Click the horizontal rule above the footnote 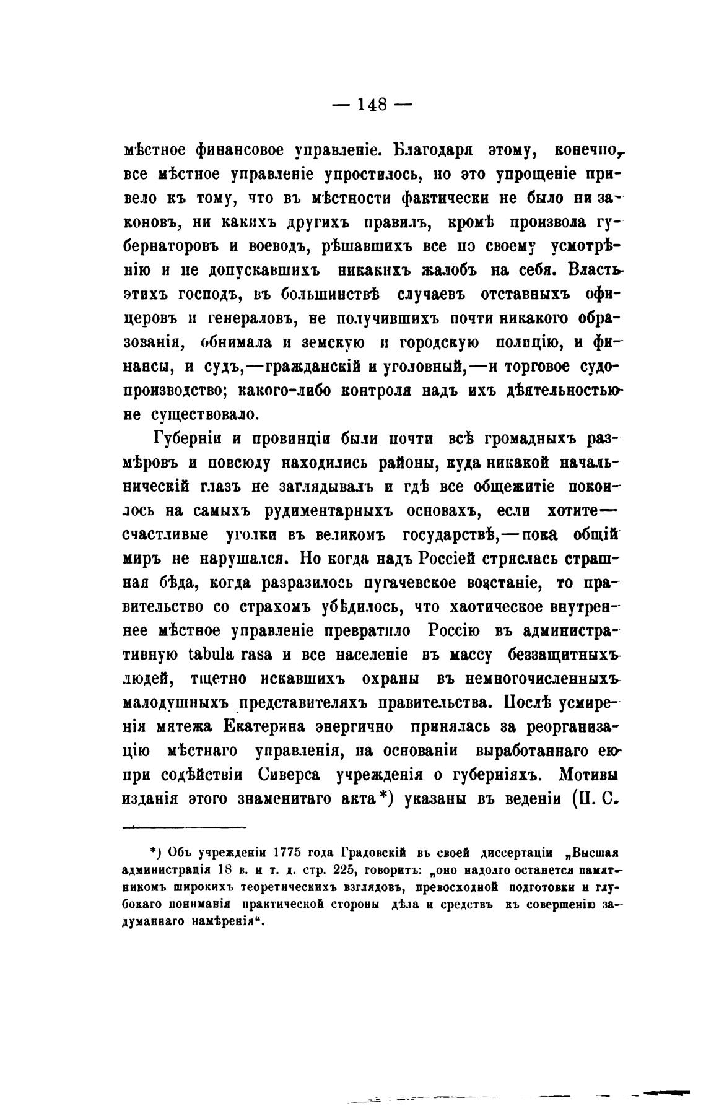pyautogui.click(x=185, y=827)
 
